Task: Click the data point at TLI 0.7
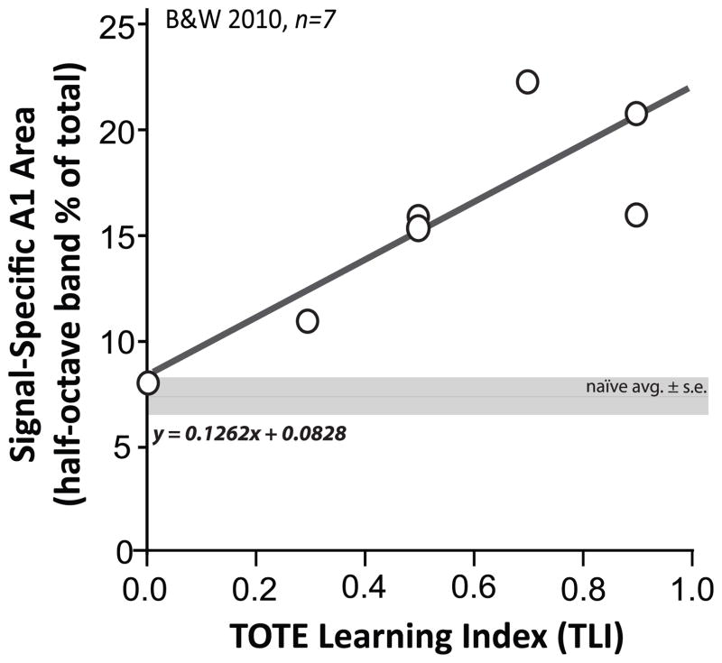click(x=527, y=82)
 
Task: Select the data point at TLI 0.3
click(x=308, y=321)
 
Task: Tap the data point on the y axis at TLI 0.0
click(x=148, y=383)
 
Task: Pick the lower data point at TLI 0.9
click(x=636, y=215)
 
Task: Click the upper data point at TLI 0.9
click(x=636, y=114)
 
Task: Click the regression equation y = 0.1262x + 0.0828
click(x=250, y=435)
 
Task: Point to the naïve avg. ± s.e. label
click(x=644, y=388)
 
